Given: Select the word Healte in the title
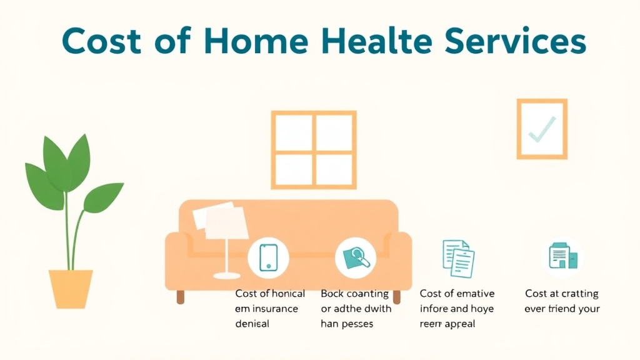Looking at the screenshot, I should point(383,41).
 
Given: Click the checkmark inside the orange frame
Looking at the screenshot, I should point(541,129).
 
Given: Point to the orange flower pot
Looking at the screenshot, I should point(71,288).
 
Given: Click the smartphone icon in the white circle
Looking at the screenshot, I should point(267,257).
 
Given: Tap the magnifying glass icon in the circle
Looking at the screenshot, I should point(355,257).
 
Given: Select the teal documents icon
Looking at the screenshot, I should point(458,258).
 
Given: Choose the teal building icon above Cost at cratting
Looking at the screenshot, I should point(562,256).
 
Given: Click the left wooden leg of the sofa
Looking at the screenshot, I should point(181,297).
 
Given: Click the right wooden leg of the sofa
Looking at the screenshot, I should point(396,297).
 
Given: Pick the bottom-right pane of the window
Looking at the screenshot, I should point(334,169).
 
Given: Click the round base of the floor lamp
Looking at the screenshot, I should point(226,275).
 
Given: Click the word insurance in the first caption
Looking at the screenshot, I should point(276,308).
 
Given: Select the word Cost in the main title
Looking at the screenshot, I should point(99,41).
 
